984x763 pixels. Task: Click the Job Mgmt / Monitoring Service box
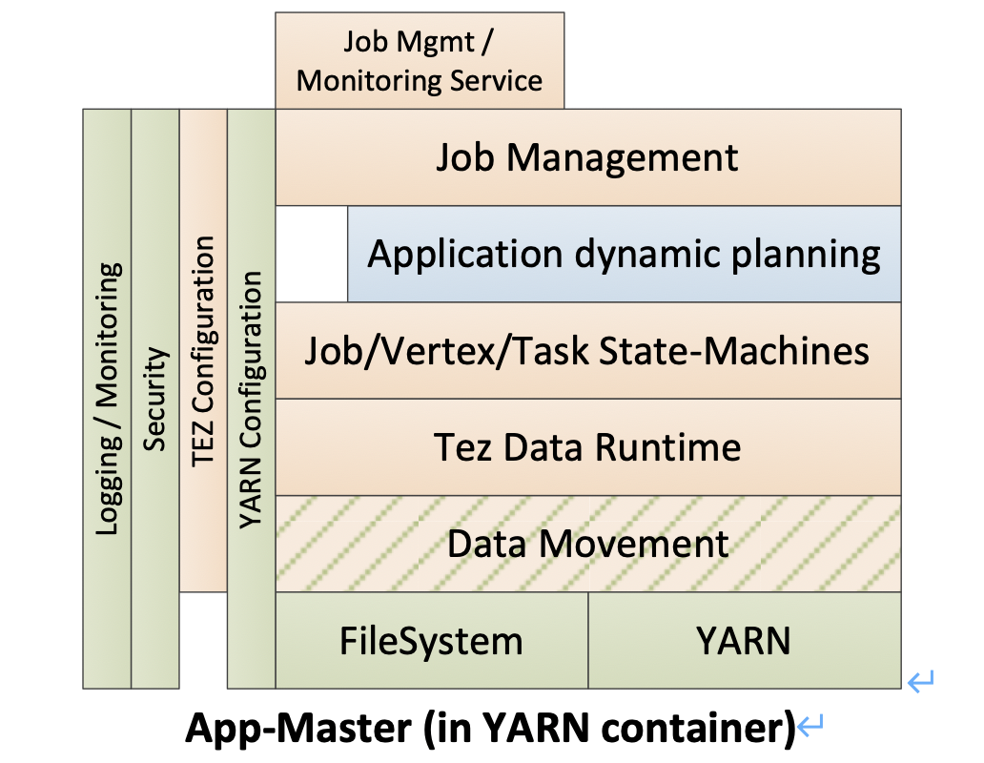(x=420, y=60)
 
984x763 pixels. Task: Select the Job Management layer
(x=587, y=157)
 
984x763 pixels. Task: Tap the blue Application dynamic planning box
(x=624, y=255)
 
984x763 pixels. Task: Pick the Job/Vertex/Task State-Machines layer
(x=587, y=351)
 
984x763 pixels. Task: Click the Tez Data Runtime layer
(x=587, y=447)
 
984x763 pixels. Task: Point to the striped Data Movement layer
(x=587, y=544)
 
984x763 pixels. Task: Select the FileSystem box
(x=431, y=641)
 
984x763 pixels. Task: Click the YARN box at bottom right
(x=744, y=641)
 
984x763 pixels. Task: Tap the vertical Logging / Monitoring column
(x=108, y=399)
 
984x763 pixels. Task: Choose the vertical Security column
(x=155, y=399)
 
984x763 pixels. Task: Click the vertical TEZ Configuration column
(x=203, y=351)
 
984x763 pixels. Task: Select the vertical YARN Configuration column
(x=251, y=399)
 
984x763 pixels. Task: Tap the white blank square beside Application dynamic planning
(x=311, y=255)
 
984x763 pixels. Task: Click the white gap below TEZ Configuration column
(x=203, y=640)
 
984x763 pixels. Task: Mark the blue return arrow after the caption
(x=810, y=729)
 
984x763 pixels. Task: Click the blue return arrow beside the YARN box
(x=921, y=681)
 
